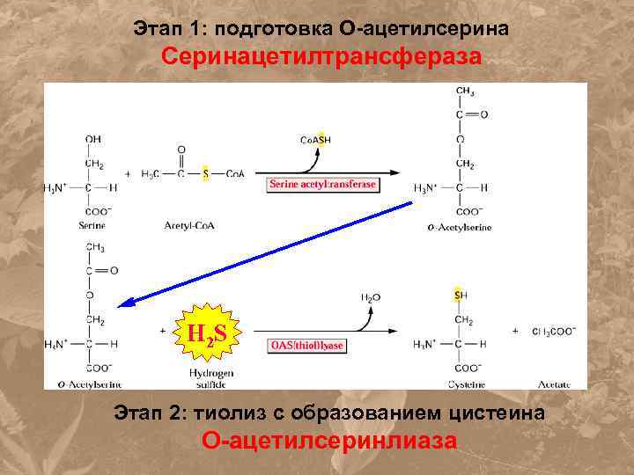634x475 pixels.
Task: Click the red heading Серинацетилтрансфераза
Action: (321, 58)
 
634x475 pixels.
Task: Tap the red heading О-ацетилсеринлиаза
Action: (329, 440)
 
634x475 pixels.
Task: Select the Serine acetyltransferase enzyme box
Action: (323, 184)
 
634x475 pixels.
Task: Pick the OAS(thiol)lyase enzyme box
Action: (306, 346)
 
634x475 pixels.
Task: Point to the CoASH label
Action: (316, 140)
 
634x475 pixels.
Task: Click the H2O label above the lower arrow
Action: (371, 297)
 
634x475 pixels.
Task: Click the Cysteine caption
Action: (459, 384)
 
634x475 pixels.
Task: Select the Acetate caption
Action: (555, 384)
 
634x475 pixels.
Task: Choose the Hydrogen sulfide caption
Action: (210, 379)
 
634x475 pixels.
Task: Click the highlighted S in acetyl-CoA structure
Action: (205, 174)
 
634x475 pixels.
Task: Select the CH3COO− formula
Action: (554, 332)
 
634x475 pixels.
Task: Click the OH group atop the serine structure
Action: (92, 138)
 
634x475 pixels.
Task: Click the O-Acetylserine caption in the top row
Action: (461, 227)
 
